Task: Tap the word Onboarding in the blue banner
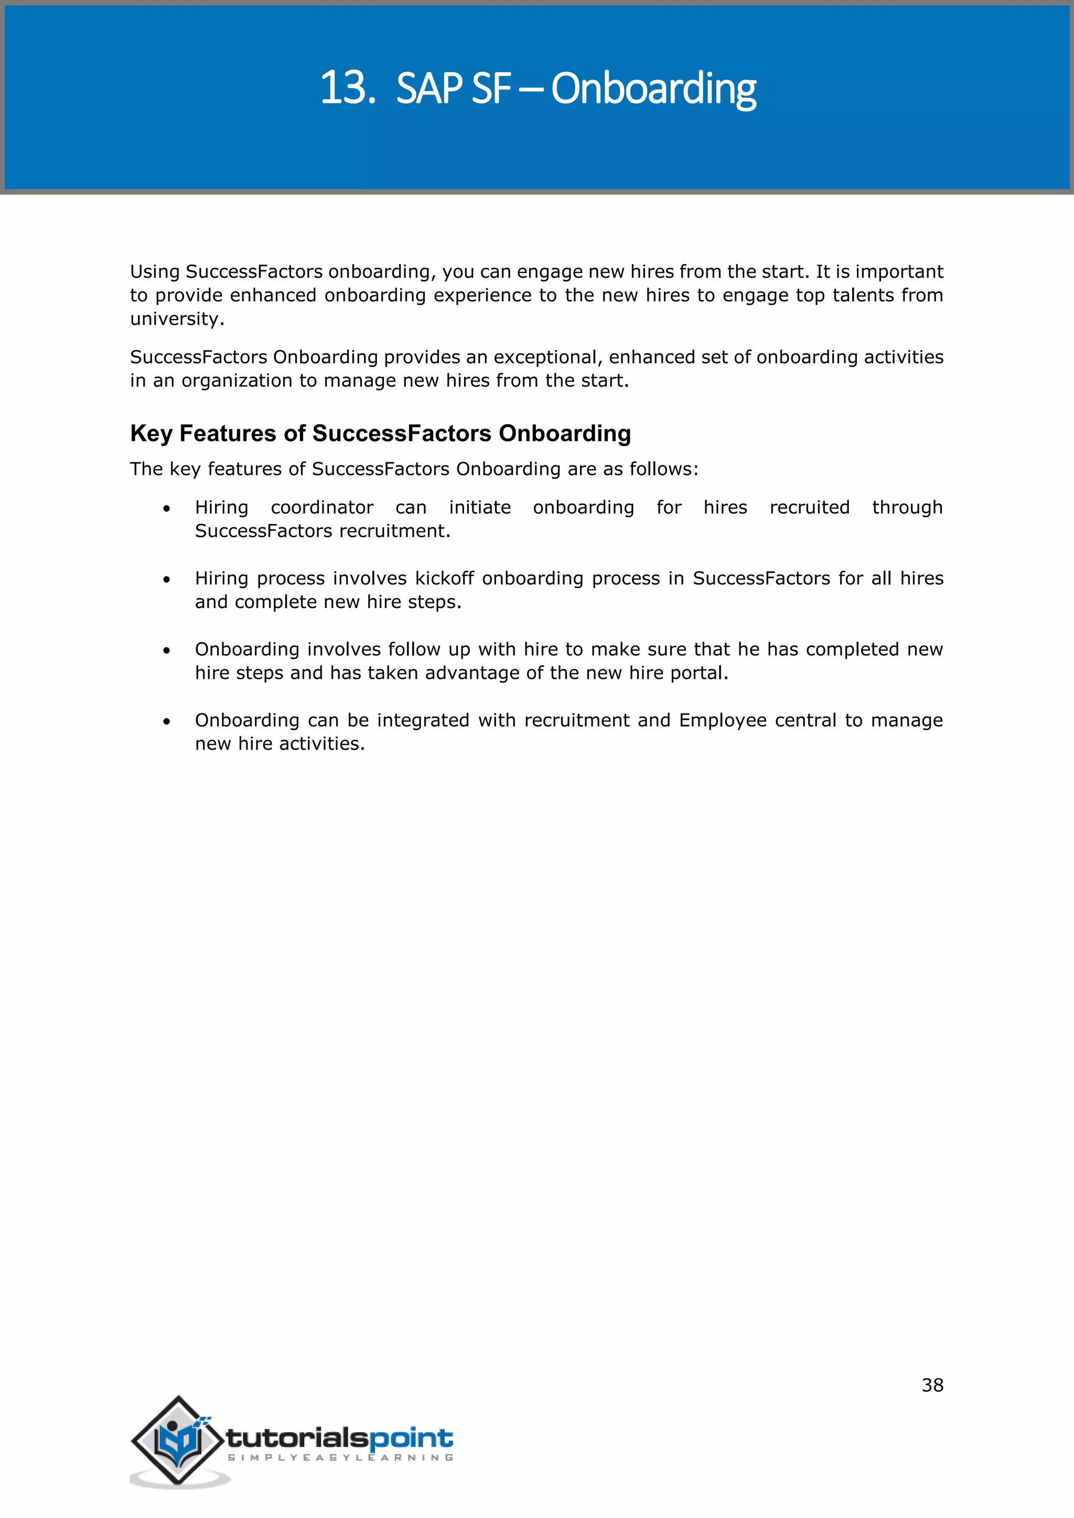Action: click(x=653, y=89)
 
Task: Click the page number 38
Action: click(x=932, y=1385)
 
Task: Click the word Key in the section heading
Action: click(x=151, y=433)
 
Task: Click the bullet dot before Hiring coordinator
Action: click(x=167, y=508)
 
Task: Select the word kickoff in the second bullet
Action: click(x=444, y=579)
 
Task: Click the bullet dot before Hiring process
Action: click(x=167, y=580)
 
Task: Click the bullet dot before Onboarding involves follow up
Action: click(x=167, y=650)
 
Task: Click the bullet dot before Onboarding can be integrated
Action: click(x=167, y=721)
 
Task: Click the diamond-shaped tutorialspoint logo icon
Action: click(x=177, y=1439)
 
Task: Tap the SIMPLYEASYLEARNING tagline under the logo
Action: click(x=340, y=1458)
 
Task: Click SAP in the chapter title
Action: click(x=428, y=88)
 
